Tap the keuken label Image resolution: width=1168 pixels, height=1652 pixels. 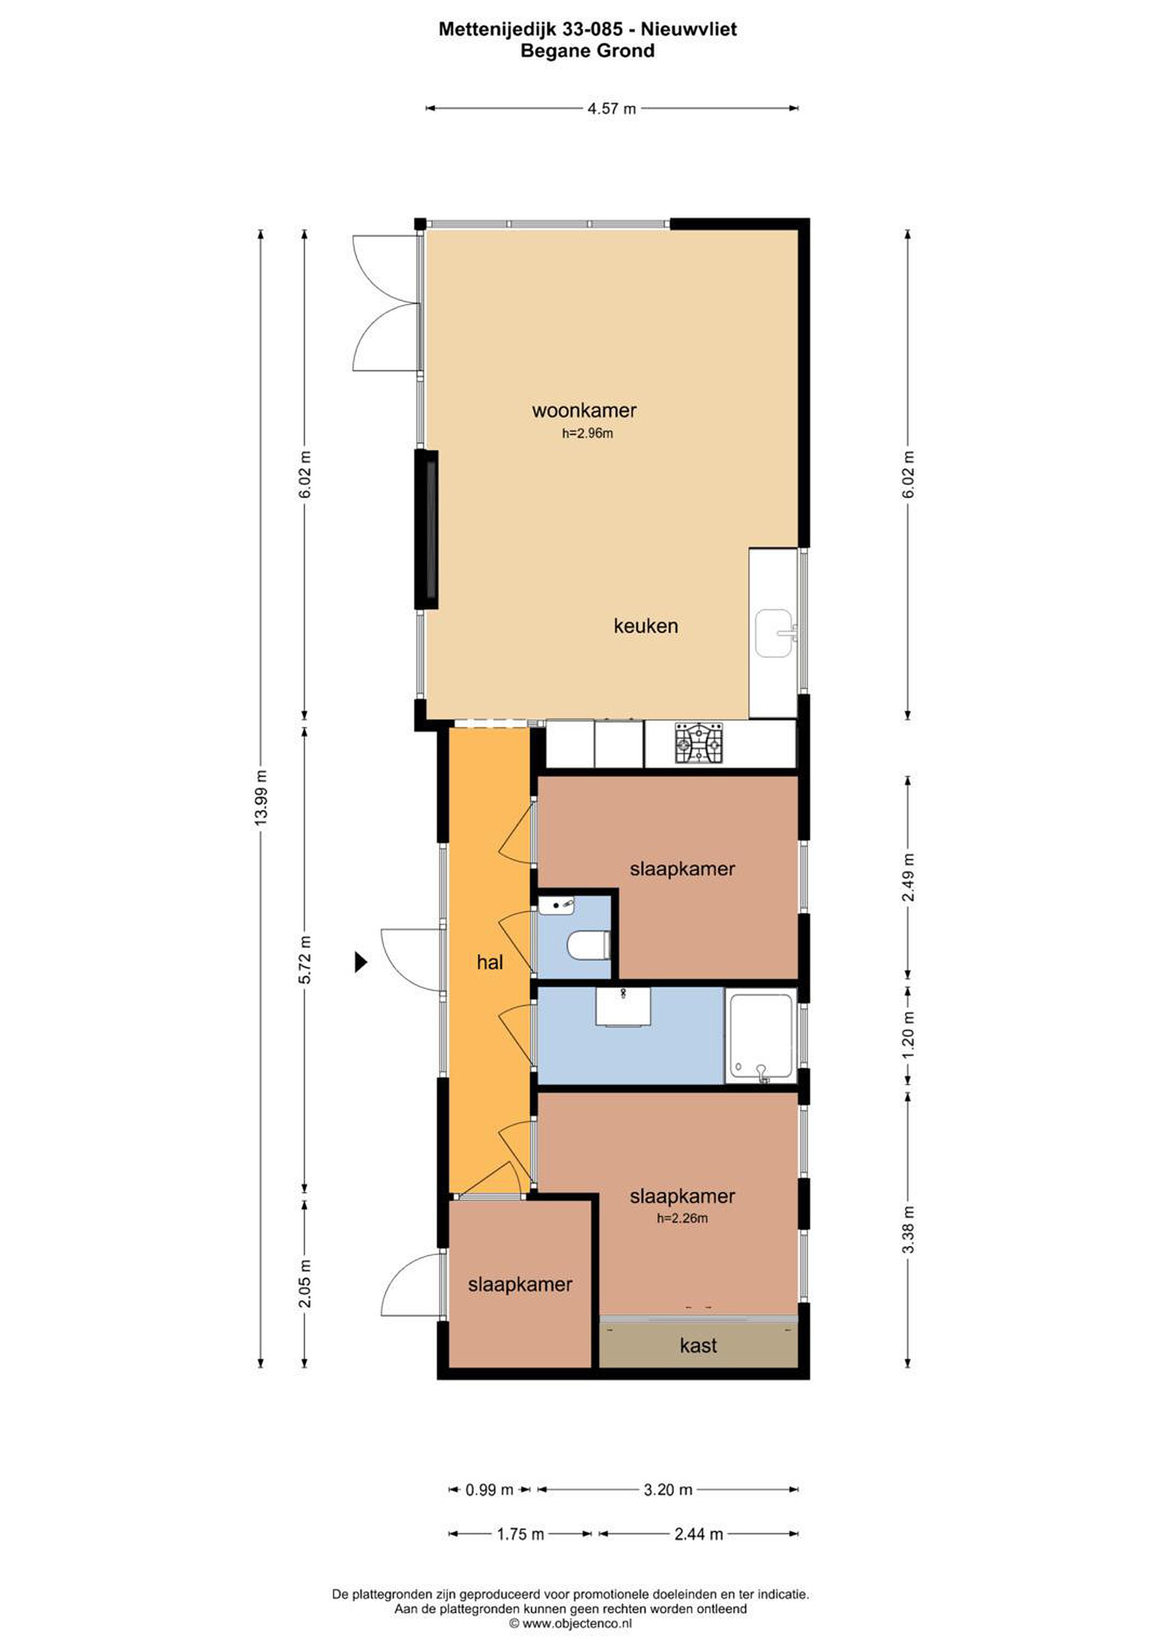click(645, 625)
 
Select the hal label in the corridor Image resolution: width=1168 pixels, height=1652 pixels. click(489, 962)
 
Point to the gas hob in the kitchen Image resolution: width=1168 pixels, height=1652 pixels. click(698, 742)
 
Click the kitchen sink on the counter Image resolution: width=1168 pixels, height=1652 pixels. click(774, 633)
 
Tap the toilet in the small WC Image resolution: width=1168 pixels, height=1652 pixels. click(589, 945)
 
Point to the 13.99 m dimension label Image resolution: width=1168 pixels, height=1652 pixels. click(260, 798)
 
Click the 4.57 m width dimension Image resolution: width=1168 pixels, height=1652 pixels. click(612, 108)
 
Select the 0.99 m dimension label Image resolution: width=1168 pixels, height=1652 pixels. click(489, 1490)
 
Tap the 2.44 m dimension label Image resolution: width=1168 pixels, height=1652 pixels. click(698, 1534)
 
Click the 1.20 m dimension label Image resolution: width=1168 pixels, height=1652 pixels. click(908, 1035)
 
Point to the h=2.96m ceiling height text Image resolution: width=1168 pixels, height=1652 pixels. click(587, 433)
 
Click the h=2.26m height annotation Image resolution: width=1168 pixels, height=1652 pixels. click(682, 1218)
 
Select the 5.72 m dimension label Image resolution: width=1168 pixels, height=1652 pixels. click(305, 960)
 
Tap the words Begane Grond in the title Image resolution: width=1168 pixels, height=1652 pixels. click(587, 51)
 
